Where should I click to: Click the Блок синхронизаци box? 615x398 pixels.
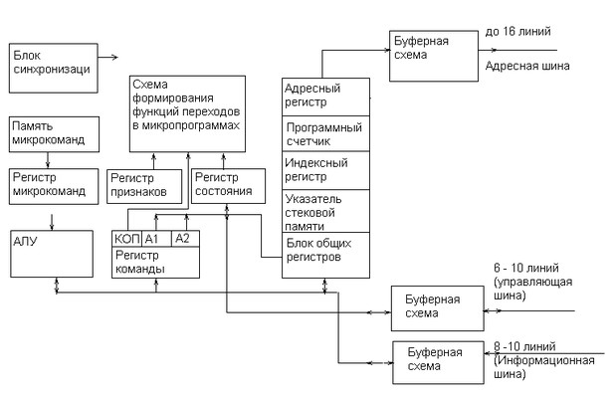pos(54,69)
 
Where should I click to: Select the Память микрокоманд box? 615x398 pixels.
pos(54,134)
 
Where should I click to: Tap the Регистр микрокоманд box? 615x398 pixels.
pos(54,187)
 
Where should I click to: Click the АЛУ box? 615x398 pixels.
pos(52,254)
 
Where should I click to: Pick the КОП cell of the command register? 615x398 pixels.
pos(126,239)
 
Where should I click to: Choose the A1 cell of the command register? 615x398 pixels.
pos(156,239)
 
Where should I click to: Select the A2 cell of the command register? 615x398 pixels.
pos(185,239)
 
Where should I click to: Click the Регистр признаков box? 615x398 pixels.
pos(144,186)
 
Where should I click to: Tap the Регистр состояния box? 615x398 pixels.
pos(228,186)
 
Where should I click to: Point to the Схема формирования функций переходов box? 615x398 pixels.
pos(187,113)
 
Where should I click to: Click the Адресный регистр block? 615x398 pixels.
pos(326,97)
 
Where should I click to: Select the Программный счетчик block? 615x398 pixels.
pos(326,133)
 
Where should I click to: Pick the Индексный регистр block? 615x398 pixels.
pos(326,170)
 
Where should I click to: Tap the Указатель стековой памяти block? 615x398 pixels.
pos(326,211)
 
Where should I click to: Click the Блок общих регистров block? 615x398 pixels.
pos(326,256)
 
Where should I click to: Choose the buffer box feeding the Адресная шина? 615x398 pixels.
pos(434,56)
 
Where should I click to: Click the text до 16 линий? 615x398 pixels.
pos(517,32)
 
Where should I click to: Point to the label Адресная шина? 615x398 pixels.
pos(527,66)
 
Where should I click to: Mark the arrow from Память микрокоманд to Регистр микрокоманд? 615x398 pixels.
pos(48,160)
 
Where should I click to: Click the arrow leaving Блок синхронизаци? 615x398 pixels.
pos(107,58)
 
